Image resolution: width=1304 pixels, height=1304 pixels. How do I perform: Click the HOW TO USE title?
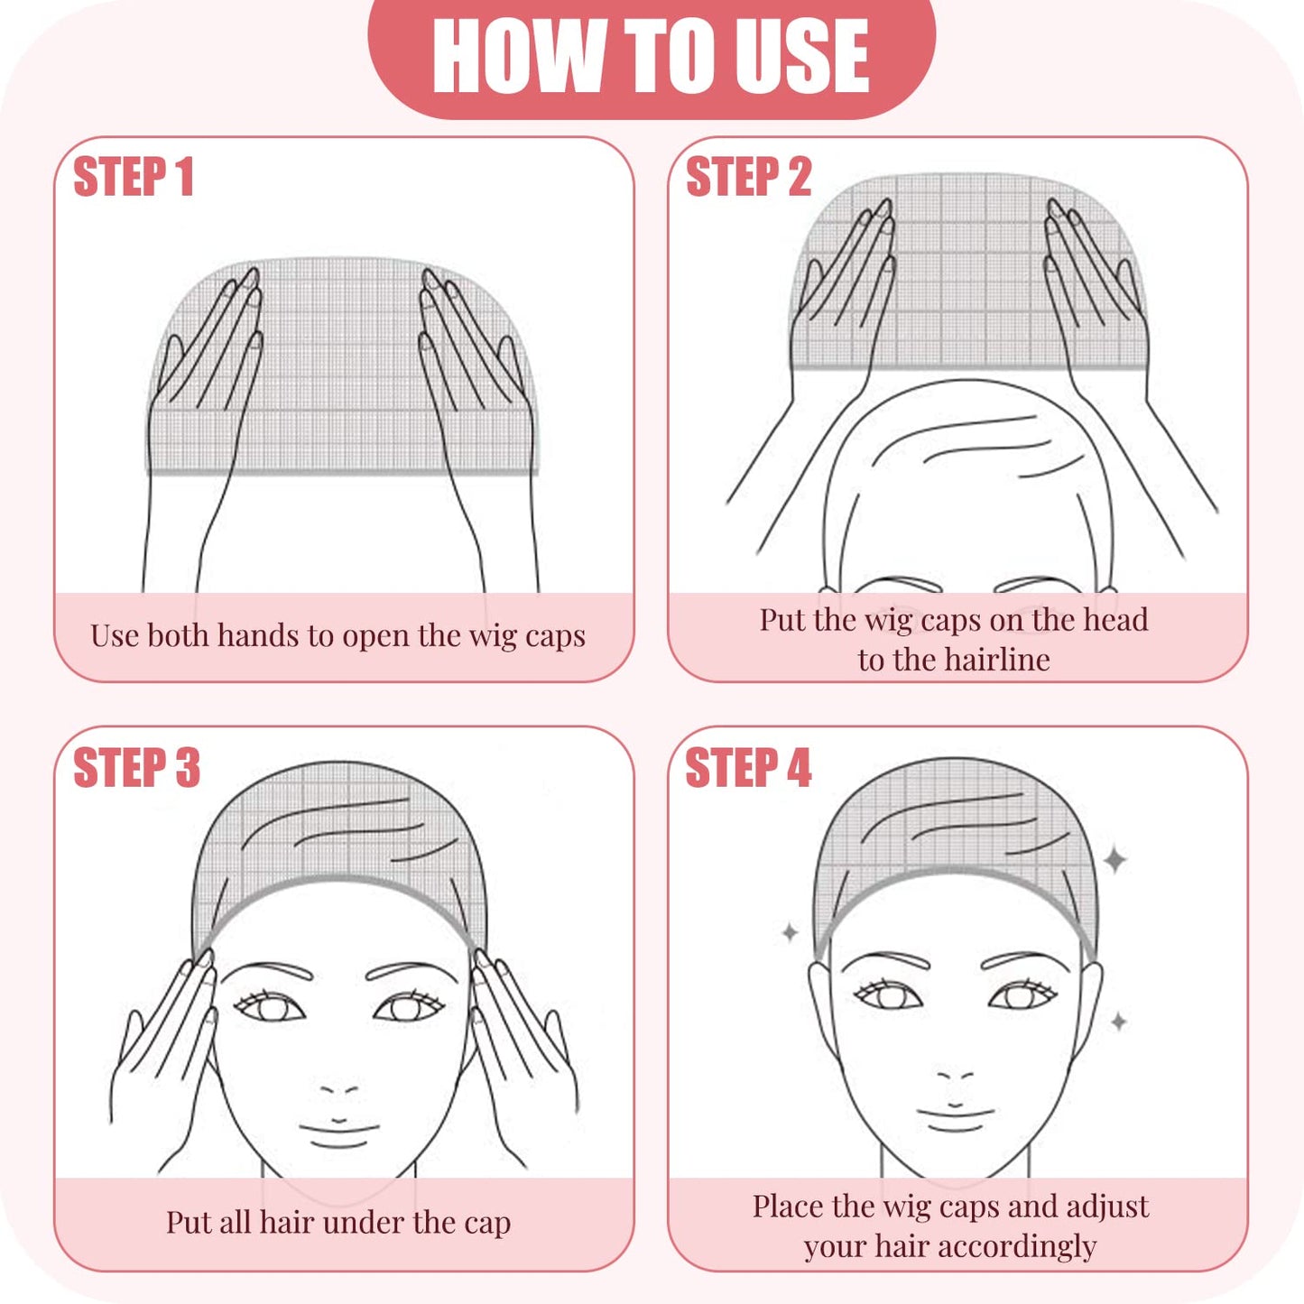coord(651,56)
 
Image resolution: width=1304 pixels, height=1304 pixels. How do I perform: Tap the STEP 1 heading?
coord(133,177)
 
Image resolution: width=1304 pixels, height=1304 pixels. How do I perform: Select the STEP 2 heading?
coord(748,177)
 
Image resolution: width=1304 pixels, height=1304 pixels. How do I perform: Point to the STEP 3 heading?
coord(136,768)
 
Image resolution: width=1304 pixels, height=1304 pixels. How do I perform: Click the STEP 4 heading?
coord(748,768)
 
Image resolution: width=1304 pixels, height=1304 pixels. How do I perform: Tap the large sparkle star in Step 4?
coord(1115,859)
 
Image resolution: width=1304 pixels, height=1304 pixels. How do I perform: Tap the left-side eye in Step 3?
coord(268,1006)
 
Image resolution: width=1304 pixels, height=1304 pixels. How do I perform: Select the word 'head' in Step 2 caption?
coord(1114,620)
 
